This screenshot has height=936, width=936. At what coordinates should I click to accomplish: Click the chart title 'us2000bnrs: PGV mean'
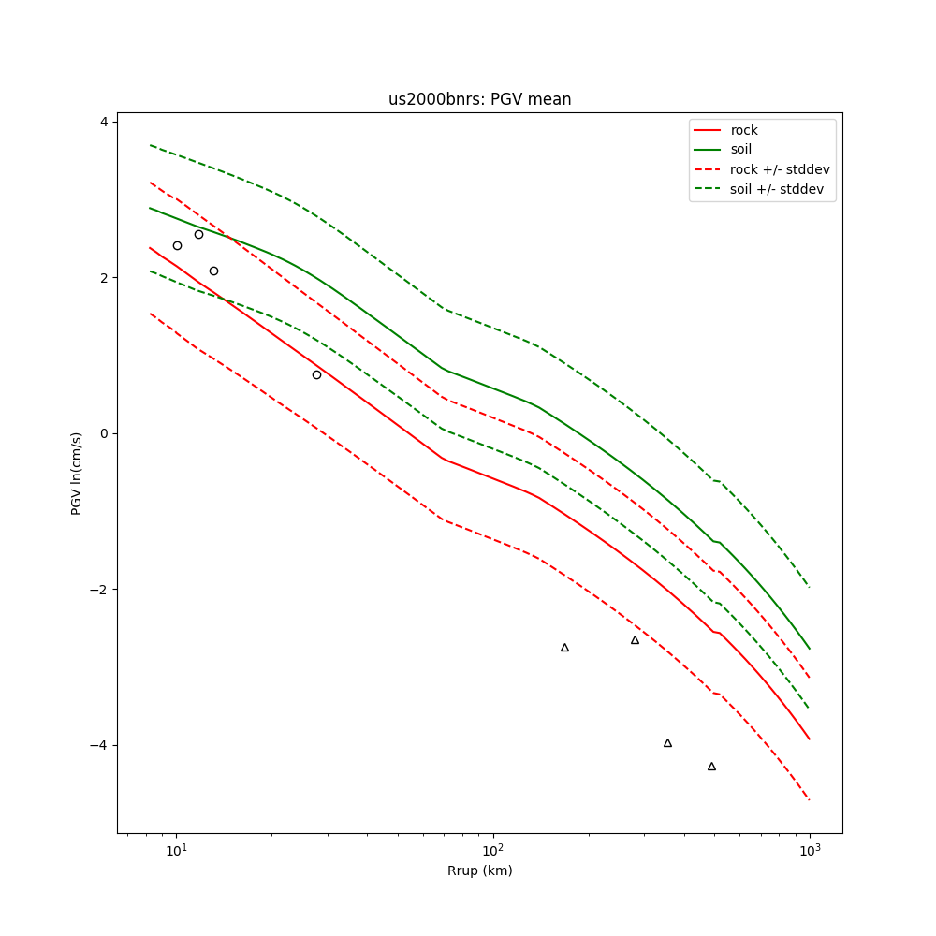pos(479,99)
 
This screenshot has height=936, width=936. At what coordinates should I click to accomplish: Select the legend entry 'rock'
pos(744,130)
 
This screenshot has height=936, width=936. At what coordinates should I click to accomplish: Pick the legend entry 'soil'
pos(740,150)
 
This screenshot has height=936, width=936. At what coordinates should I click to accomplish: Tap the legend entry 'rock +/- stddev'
pos(780,169)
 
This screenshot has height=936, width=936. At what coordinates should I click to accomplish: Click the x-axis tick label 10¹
pos(176,851)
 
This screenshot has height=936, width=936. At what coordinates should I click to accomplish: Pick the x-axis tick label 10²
pos(492,851)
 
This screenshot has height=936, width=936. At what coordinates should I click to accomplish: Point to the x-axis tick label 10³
pos(810,851)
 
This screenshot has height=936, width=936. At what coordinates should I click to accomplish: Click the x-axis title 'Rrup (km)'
pos(479,871)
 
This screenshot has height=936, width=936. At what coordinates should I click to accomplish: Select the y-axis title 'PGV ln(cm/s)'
pos(77,473)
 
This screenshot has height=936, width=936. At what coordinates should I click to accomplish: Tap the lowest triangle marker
pos(711,767)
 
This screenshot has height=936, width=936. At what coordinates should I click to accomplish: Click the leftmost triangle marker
pos(564,648)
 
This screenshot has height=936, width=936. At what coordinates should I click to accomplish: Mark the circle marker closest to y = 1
pos(316,374)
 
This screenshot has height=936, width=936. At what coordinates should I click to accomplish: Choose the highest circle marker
pos(198,234)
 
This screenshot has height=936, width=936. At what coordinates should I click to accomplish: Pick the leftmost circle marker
pos(177,245)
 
